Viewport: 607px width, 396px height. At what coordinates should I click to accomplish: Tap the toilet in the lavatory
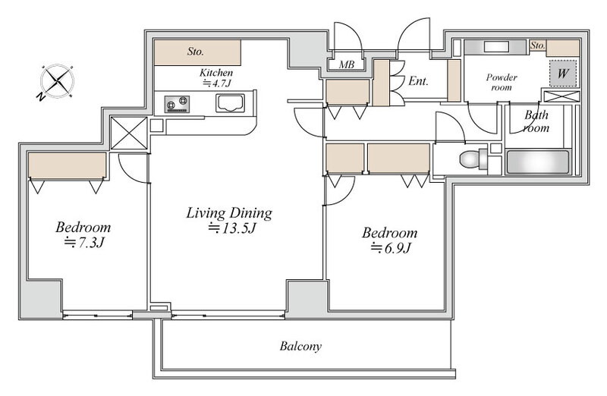473,159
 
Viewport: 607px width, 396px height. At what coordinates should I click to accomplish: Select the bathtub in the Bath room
538,162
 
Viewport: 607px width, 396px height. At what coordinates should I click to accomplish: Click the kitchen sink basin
230,103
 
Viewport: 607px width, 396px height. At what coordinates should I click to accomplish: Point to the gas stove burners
177,104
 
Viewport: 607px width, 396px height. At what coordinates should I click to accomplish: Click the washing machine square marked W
563,73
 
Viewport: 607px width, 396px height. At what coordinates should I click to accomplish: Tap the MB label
347,64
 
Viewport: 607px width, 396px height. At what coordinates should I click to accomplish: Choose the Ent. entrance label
418,81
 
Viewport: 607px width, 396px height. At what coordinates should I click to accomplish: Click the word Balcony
300,346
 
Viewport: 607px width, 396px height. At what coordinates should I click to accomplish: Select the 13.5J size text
232,228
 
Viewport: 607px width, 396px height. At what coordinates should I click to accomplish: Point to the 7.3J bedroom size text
84,242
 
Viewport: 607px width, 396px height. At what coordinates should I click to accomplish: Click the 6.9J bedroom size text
391,248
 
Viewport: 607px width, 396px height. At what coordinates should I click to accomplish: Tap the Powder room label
502,82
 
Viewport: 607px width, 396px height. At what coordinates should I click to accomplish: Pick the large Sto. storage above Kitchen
197,52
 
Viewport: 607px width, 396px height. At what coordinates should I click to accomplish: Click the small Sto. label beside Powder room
537,46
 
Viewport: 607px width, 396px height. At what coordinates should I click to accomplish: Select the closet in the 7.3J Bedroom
67,166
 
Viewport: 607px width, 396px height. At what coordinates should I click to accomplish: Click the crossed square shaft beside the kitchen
129,133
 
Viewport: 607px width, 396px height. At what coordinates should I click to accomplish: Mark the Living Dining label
229,213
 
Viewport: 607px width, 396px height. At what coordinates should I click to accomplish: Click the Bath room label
536,121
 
